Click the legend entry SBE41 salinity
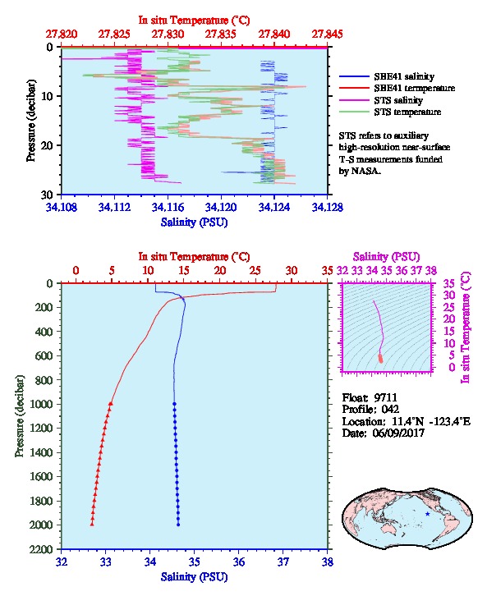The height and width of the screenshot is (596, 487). pyautogui.click(x=404, y=76)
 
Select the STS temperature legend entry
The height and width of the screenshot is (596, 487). pyautogui.click(x=407, y=112)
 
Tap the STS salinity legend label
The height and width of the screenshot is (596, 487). pyautogui.click(x=398, y=100)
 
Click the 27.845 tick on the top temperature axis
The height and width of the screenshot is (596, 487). pyautogui.click(x=327, y=34)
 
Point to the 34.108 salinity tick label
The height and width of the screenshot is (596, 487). pyautogui.click(x=62, y=207)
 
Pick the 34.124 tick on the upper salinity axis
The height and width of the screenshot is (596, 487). pyautogui.click(x=274, y=207)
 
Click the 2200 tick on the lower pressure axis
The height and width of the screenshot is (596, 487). pyautogui.click(x=42, y=549)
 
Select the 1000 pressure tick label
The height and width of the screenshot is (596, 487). pyautogui.click(x=42, y=404)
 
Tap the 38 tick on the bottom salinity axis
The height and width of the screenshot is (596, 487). pyautogui.click(x=328, y=562)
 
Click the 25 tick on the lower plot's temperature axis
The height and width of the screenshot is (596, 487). pyautogui.click(x=255, y=271)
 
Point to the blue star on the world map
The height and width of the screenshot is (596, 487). pyautogui.click(x=428, y=514)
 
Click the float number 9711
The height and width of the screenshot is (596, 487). pyautogui.click(x=385, y=397)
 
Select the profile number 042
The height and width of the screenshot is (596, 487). pyautogui.click(x=390, y=409)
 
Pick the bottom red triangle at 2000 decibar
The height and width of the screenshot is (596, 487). pyautogui.click(x=92, y=524)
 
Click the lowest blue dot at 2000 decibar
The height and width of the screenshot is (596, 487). pyautogui.click(x=178, y=525)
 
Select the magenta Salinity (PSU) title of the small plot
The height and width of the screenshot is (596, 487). pyautogui.click(x=386, y=257)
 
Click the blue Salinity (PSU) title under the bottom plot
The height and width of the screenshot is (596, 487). pyautogui.click(x=195, y=577)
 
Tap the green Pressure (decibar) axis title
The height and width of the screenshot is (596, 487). pyautogui.click(x=19, y=416)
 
